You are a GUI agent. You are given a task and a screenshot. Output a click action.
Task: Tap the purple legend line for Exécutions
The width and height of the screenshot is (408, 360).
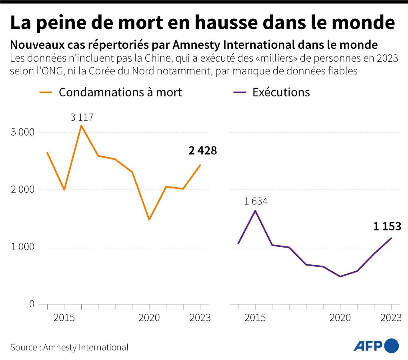point(239,92)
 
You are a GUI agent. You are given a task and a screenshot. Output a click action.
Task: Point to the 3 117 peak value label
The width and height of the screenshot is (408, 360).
point(82,117)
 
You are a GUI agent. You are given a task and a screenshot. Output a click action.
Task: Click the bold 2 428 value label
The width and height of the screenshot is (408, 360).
point(202,151)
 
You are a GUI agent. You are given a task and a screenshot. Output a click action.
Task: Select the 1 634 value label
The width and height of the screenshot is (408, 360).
point(256,201)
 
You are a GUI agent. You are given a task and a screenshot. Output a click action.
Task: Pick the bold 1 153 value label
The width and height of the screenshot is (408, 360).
point(387,226)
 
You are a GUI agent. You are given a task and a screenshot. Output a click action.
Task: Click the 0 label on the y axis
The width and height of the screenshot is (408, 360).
point(32,304)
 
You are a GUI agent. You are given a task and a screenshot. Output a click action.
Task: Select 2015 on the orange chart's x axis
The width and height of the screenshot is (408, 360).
point(64,318)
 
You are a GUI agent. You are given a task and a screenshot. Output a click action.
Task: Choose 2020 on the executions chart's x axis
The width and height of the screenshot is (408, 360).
point(340,318)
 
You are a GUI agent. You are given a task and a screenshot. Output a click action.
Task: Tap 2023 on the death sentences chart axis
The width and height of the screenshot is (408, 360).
point(200,318)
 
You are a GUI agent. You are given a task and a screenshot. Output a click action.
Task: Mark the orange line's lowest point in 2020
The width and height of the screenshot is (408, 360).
point(149,220)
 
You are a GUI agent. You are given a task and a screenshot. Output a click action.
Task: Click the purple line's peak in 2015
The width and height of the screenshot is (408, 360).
point(255,211)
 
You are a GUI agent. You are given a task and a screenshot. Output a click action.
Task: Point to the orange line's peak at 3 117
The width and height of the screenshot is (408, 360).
point(82,126)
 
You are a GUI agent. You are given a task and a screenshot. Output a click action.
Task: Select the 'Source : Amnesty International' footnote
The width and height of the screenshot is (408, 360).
point(69,347)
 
